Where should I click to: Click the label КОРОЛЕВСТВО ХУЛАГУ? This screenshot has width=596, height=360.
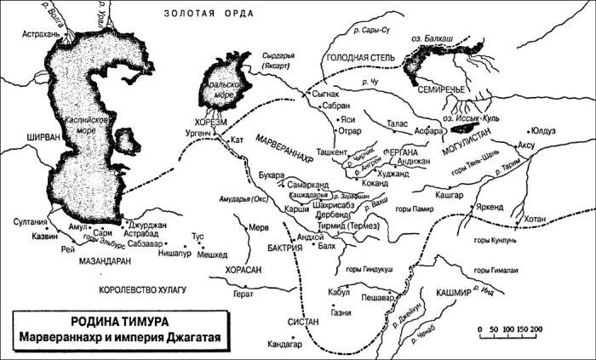tap(141, 290)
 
